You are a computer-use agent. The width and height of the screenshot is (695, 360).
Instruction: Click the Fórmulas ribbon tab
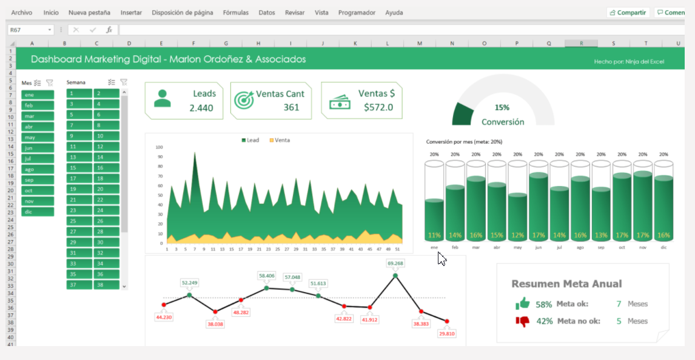(235, 12)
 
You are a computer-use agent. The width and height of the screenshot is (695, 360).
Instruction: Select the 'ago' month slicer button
(38, 169)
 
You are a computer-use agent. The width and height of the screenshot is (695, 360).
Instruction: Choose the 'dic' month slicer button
(38, 212)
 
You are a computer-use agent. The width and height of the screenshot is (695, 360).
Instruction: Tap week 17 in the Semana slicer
(79, 178)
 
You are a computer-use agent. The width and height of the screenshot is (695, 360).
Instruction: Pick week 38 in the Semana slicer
(106, 284)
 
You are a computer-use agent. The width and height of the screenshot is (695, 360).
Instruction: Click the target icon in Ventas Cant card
(244, 101)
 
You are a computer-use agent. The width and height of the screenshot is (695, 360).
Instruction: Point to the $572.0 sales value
(378, 107)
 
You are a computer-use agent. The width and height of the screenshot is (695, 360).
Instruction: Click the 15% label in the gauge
(502, 107)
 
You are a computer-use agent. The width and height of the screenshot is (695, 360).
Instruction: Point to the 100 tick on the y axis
(159, 147)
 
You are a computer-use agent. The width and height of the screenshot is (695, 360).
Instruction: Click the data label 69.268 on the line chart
(395, 263)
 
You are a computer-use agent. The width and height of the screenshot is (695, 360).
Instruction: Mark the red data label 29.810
(447, 333)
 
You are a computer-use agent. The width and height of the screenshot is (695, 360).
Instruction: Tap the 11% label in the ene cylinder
(434, 235)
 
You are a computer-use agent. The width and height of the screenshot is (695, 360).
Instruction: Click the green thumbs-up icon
(522, 304)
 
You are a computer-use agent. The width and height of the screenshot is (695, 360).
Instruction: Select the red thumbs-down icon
(522, 321)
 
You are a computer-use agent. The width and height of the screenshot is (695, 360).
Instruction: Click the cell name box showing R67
(27, 30)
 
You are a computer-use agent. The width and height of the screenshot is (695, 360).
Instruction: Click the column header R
(581, 43)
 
